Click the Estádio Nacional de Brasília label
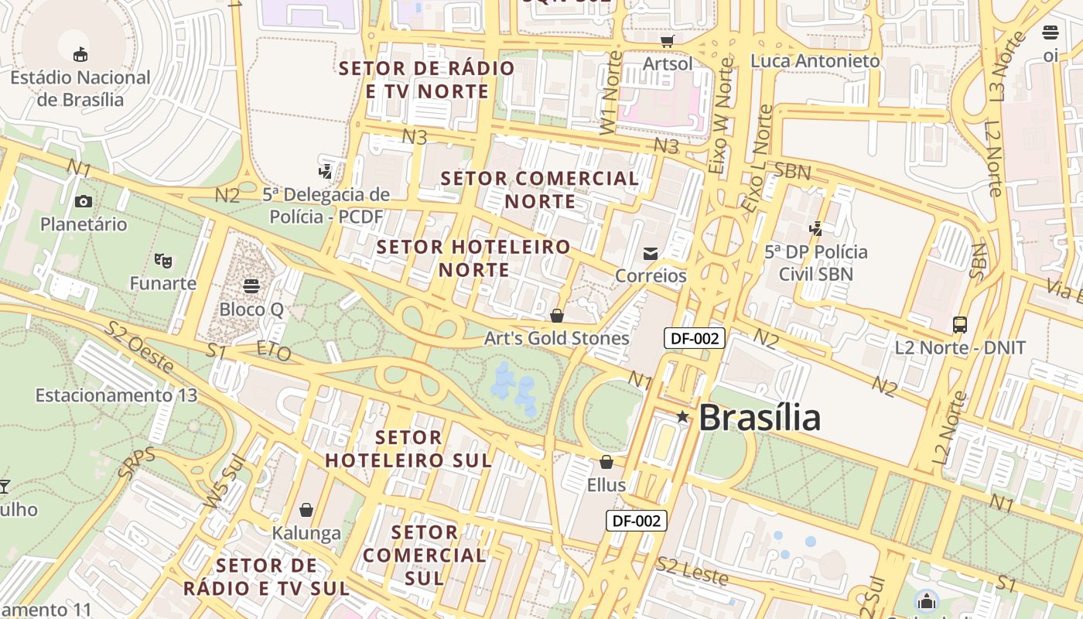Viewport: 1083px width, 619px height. click(80, 88)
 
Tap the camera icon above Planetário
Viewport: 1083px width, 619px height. click(84, 202)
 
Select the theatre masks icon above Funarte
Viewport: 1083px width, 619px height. click(162, 260)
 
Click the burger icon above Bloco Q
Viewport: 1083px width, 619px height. click(251, 286)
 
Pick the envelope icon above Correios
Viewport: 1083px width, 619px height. click(651, 253)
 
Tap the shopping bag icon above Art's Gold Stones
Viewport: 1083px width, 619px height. click(556, 316)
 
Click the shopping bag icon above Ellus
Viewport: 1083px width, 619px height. click(606, 462)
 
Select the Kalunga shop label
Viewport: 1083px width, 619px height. click(306, 533)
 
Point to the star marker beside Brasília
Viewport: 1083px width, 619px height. click(682, 417)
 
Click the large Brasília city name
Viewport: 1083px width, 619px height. click(759, 419)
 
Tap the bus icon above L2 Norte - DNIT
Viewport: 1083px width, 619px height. click(960, 325)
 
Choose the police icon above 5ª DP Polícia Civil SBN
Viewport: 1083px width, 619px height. click(815, 228)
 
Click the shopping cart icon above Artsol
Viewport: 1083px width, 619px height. click(668, 41)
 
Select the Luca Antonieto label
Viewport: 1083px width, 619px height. click(815, 60)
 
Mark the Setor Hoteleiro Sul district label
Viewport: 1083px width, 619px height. click(408, 449)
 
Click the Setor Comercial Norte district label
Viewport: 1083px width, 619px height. click(540, 190)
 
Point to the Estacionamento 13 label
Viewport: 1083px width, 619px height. click(116, 395)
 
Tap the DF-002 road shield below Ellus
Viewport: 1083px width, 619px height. click(636, 521)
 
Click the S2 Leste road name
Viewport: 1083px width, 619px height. click(692, 570)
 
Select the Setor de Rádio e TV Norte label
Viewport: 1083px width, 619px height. click(427, 80)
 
